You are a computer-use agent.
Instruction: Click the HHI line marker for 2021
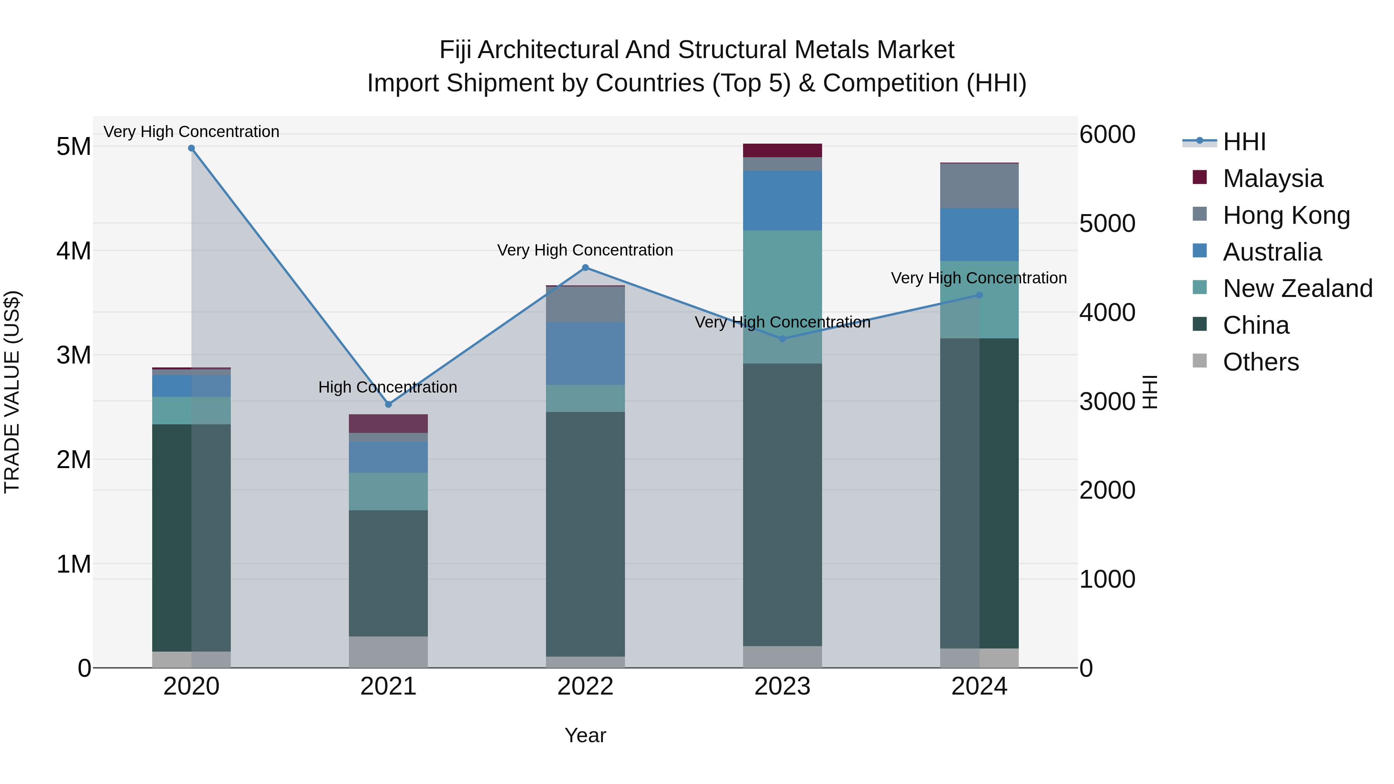coord(388,404)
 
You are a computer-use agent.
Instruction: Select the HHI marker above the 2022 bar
coord(585,267)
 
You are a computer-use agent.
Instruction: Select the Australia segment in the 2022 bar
coord(585,353)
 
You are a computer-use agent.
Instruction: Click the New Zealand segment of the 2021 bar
coord(388,491)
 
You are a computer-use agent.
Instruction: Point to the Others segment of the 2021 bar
coord(388,652)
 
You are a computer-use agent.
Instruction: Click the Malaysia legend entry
coord(1272,178)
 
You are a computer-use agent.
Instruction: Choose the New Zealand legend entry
coord(1296,288)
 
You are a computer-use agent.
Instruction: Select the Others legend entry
coord(1260,362)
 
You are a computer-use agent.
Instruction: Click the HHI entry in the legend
coord(1243,142)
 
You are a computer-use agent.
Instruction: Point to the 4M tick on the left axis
coord(74,250)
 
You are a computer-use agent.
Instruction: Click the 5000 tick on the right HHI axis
coord(1107,223)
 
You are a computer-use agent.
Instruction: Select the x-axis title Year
coord(585,735)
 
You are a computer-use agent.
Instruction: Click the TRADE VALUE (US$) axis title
coord(12,392)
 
